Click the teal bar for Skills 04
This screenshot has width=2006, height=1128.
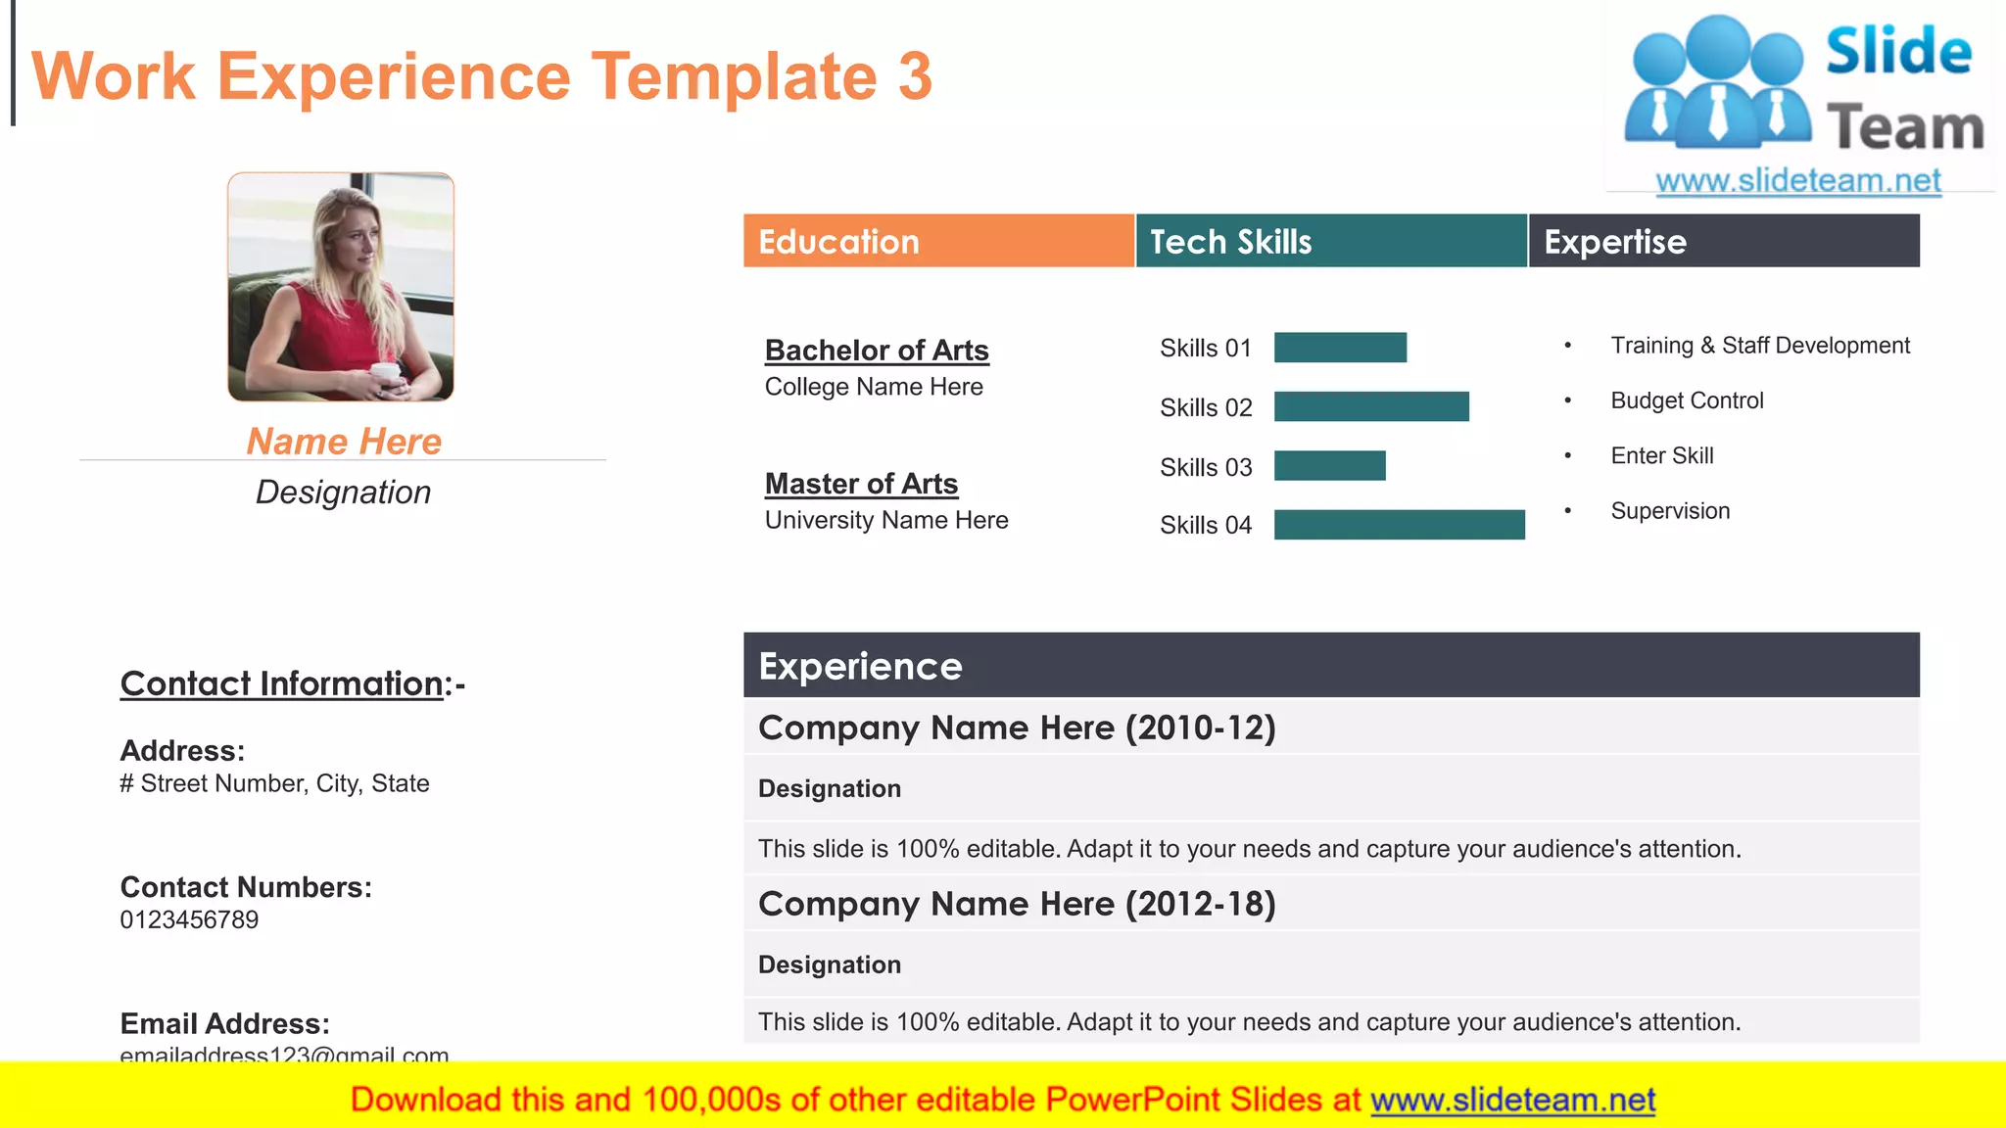[x=1399, y=525]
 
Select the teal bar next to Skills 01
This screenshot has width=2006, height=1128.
[x=1340, y=348]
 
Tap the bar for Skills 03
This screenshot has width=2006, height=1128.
[x=1329, y=466]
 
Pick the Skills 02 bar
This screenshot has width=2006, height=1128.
[x=1371, y=406]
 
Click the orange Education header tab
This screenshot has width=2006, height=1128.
[x=938, y=241]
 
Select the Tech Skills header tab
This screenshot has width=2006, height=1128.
[x=1331, y=241]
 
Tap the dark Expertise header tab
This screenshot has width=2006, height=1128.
[x=1724, y=241]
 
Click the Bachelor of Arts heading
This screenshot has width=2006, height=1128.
[x=877, y=351]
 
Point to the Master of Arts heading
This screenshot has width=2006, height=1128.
[x=861, y=484]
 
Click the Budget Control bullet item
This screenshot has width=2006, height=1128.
[x=1687, y=400]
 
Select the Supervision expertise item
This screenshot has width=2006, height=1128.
[x=1670, y=511]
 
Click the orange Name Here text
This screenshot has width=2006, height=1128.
[x=344, y=442]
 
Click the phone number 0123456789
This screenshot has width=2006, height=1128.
[x=189, y=920]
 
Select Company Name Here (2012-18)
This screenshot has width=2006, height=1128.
[x=1017, y=904]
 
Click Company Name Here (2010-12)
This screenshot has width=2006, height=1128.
[x=1017, y=728]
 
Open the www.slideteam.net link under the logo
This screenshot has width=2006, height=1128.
[x=1798, y=181]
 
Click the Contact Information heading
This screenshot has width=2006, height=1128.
[x=281, y=683]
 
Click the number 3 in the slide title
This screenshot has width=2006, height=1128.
[x=915, y=76]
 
